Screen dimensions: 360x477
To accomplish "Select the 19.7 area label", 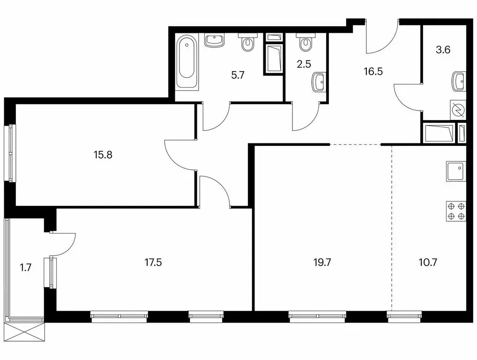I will click(322, 262).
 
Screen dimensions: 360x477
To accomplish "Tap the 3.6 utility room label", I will click(443, 50).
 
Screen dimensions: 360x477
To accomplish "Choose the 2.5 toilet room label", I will click(304, 64).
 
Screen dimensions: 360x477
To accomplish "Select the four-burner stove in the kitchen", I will click(456, 211).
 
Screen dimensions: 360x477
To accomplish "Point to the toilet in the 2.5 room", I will click(306, 43).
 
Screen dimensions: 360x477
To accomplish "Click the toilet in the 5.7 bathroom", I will click(247, 43).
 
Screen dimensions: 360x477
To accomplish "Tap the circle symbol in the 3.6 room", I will click(458, 111).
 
